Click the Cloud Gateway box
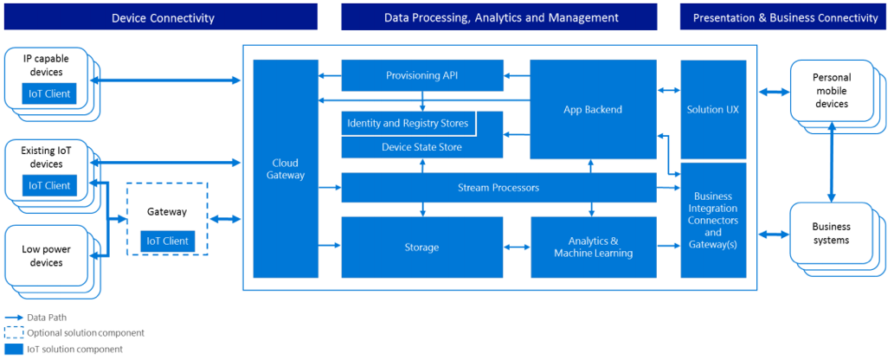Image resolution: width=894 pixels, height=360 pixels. point(286,169)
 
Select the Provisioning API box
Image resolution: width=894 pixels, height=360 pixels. point(422,75)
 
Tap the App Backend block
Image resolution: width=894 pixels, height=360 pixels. point(594,109)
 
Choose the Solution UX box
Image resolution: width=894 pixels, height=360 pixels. point(713,109)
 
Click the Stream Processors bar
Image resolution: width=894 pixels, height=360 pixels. point(498,187)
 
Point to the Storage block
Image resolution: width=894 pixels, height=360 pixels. point(422,247)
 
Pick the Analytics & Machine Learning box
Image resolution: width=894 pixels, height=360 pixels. point(594,247)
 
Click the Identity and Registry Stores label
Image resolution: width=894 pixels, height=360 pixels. point(408,123)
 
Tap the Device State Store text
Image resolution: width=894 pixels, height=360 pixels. point(422,147)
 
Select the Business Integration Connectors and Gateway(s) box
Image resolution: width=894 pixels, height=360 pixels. point(713,220)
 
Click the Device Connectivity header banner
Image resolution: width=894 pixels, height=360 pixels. point(161,17)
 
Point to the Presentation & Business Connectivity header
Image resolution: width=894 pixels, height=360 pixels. point(786,17)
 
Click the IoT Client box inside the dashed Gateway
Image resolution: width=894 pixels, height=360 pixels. point(168,241)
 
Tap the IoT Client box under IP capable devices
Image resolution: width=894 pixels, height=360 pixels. point(49,93)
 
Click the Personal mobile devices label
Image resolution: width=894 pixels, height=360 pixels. point(830,90)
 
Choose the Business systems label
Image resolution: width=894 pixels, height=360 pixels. point(830,234)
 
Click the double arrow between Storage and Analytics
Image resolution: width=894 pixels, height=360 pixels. point(518,247)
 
